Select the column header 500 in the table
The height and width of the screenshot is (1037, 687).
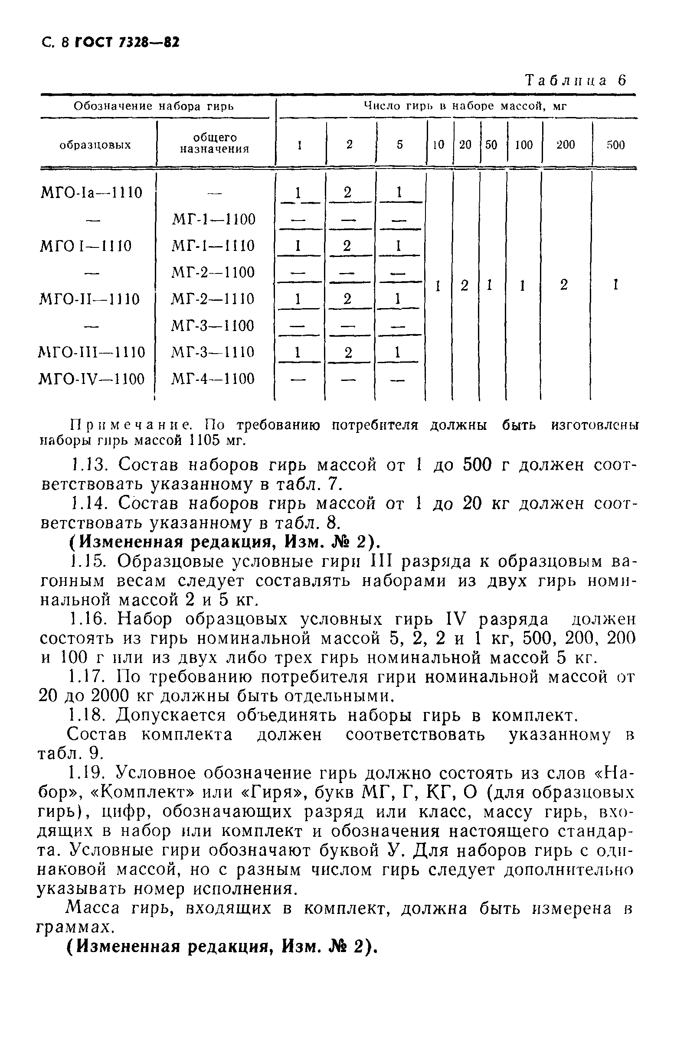[615, 145]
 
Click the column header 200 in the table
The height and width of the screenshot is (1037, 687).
[565, 145]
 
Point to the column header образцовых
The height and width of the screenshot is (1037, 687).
[95, 145]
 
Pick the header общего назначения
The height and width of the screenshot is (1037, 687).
[215, 143]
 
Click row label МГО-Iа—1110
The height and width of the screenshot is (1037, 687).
[92, 192]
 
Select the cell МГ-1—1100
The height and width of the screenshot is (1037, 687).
[213, 219]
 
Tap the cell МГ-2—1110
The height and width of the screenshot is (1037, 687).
[213, 299]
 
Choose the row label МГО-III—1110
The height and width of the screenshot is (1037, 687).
[92, 352]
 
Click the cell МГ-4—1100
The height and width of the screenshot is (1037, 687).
[213, 379]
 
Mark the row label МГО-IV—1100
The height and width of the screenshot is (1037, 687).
[92, 379]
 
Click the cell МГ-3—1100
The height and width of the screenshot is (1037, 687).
[213, 326]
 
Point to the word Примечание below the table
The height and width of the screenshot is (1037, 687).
[131, 425]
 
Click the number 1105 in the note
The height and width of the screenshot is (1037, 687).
[207, 440]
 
